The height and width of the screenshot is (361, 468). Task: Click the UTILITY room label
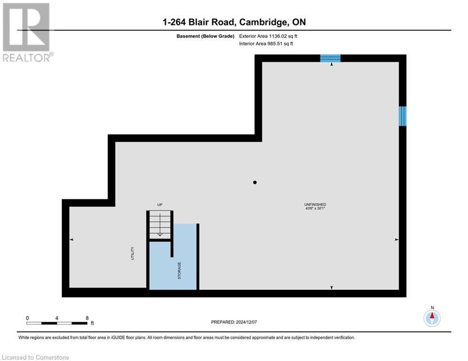click(133, 253)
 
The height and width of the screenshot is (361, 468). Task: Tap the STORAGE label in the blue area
click(179, 270)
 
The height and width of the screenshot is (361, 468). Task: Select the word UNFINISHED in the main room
click(315, 204)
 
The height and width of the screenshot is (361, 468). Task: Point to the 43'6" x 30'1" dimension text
click(315, 209)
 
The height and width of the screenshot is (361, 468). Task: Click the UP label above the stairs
click(160, 204)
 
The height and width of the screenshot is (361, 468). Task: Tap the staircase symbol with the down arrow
click(159, 225)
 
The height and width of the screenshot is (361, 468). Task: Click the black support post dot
click(255, 182)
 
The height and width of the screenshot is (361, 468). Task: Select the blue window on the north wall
click(330, 58)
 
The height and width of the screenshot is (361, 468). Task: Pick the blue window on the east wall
click(403, 116)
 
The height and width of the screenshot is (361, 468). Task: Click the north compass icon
click(432, 318)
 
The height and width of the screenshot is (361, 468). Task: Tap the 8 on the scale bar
click(87, 318)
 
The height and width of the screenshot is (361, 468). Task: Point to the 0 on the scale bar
click(27, 318)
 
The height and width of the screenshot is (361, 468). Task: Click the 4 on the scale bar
click(57, 318)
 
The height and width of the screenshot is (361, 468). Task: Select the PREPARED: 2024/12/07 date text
click(234, 322)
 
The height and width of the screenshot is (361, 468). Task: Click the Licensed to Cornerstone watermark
click(36, 358)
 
